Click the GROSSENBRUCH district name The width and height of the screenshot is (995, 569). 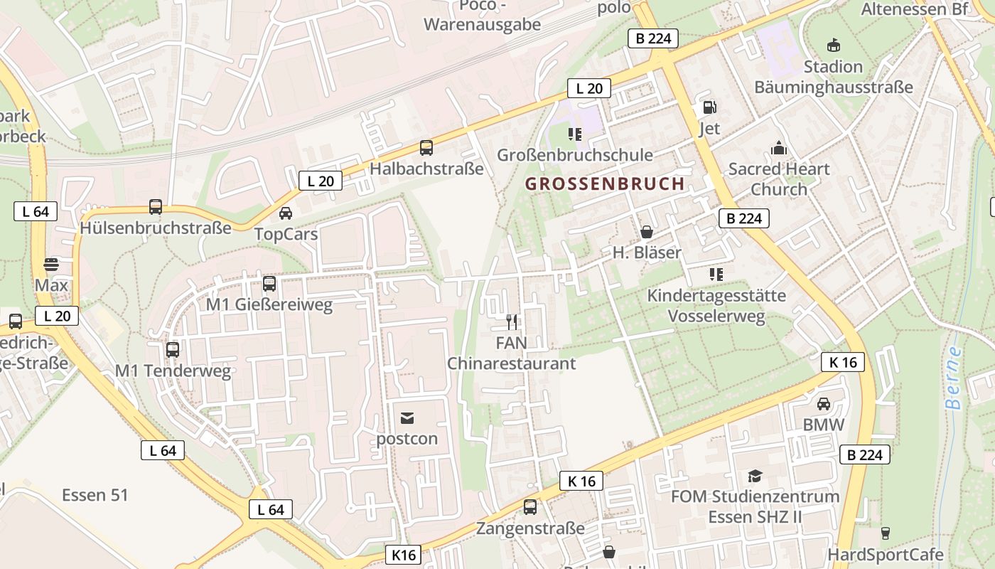pyautogui.click(x=605, y=184)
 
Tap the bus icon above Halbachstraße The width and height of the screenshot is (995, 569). pyautogui.click(x=426, y=148)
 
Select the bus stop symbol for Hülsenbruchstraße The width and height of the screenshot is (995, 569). pyautogui.click(x=156, y=207)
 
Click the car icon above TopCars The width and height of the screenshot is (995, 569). pyautogui.click(x=286, y=213)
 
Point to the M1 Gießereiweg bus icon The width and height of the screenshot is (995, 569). pyautogui.click(x=269, y=283)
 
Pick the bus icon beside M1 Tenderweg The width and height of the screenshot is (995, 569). pyautogui.click(x=173, y=349)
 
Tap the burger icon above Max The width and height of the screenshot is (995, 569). pyautogui.click(x=51, y=265)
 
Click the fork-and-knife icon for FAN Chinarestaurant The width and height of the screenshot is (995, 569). pyautogui.click(x=511, y=322)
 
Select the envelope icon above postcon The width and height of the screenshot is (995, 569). pyautogui.click(x=407, y=418)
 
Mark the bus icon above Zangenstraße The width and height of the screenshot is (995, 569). pyautogui.click(x=530, y=507)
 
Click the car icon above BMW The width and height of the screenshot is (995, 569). pyautogui.click(x=824, y=404)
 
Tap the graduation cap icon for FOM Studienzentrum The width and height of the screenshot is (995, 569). pyautogui.click(x=755, y=475)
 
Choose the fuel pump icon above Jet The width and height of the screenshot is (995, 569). pyautogui.click(x=709, y=107)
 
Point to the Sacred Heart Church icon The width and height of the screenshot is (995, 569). pyautogui.click(x=779, y=148)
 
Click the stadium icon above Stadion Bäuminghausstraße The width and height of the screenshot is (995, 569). pyautogui.click(x=833, y=46)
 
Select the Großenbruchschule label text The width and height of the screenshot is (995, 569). pyautogui.click(x=574, y=155)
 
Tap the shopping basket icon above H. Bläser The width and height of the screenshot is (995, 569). pyautogui.click(x=647, y=231)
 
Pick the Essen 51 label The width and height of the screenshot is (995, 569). pyautogui.click(x=95, y=495)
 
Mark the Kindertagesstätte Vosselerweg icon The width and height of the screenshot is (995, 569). pyautogui.click(x=716, y=274)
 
